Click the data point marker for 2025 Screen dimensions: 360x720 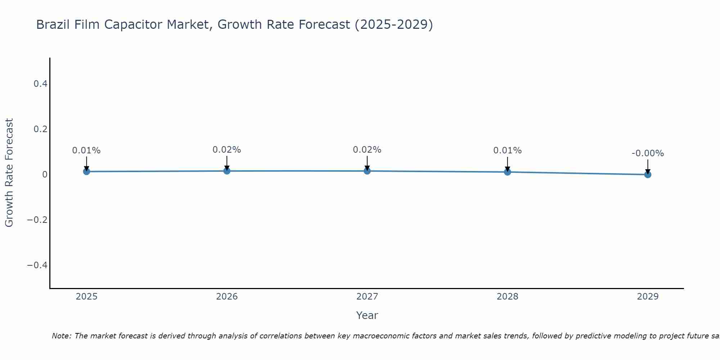click(x=86, y=171)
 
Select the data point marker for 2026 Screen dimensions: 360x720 click(x=227, y=171)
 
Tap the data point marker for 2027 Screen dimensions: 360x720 click(x=367, y=171)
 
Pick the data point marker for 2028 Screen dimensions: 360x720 click(x=507, y=172)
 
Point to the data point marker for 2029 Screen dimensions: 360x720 click(x=648, y=175)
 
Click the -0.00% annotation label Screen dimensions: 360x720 click(x=648, y=153)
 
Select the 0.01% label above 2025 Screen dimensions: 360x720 click(x=86, y=150)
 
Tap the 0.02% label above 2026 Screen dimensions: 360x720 click(x=227, y=150)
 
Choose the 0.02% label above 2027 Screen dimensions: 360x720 click(x=367, y=150)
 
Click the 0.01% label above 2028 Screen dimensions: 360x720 click(x=507, y=150)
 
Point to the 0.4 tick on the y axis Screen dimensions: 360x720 click(x=40, y=84)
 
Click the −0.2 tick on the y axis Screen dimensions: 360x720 click(x=37, y=220)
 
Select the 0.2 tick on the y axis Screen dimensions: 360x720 click(x=40, y=129)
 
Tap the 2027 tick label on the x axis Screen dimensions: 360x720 click(x=367, y=297)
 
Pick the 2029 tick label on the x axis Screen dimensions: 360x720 click(x=648, y=297)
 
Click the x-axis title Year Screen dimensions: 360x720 click(x=367, y=315)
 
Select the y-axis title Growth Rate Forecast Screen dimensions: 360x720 click(x=9, y=173)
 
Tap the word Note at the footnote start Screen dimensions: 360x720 click(x=61, y=336)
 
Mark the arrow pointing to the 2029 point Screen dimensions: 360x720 click(x=648, y=166)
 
